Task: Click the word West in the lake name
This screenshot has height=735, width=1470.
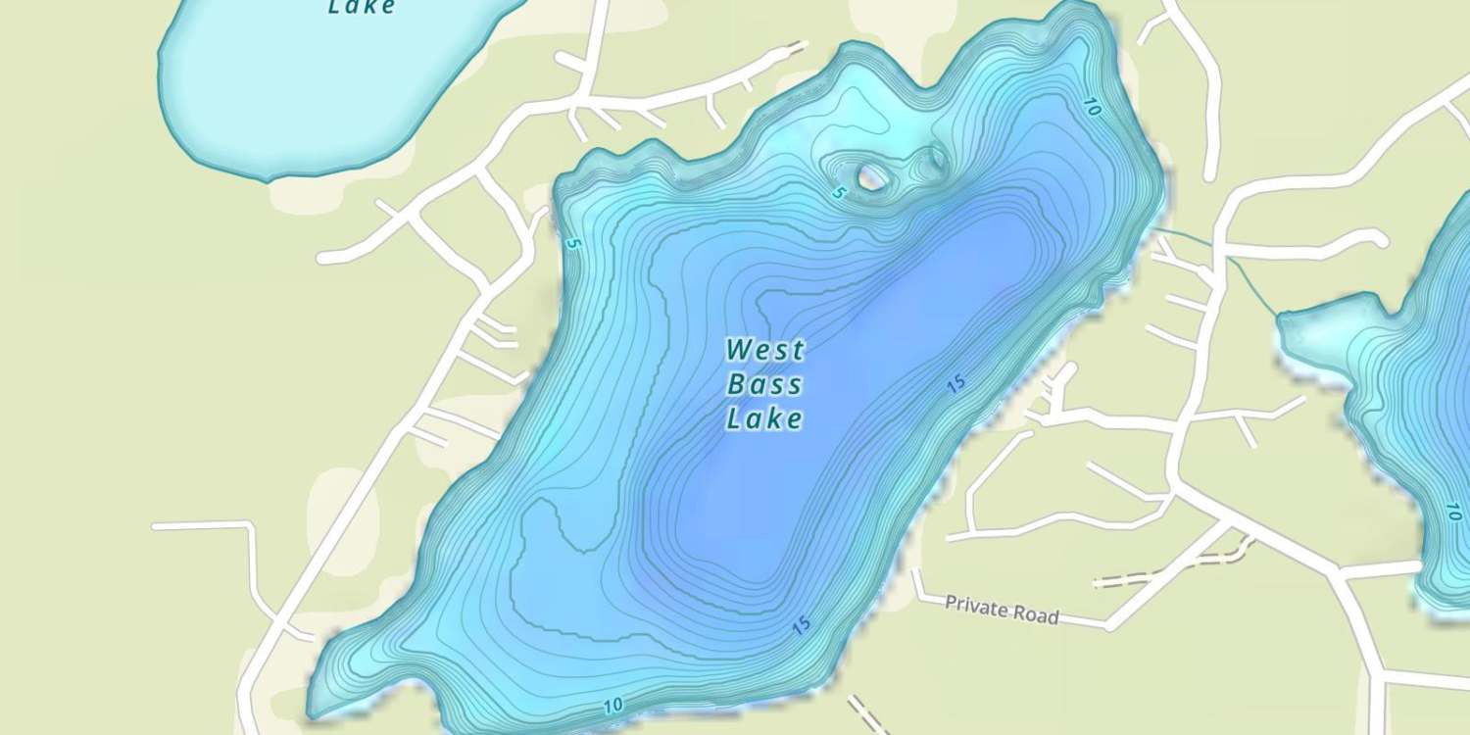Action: (765, 350)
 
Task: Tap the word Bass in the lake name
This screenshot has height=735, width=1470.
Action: (764, 384)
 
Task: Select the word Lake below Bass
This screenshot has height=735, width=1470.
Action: (764, 419)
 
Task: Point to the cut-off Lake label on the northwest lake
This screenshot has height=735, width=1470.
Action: (362, 8)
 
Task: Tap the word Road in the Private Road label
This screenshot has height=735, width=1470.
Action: (1037, 615)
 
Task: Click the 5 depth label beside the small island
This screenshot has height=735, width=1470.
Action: (838, 193)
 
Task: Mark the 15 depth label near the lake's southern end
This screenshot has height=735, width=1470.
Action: (802, 624)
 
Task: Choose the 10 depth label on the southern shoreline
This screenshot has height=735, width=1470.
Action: (613, 705)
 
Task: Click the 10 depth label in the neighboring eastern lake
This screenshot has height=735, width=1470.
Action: (1453, 511)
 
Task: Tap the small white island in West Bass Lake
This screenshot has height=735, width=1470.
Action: (869, 177)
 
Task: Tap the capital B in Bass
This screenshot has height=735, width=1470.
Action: (736, 384)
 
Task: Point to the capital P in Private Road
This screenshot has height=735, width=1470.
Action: (951, 603)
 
